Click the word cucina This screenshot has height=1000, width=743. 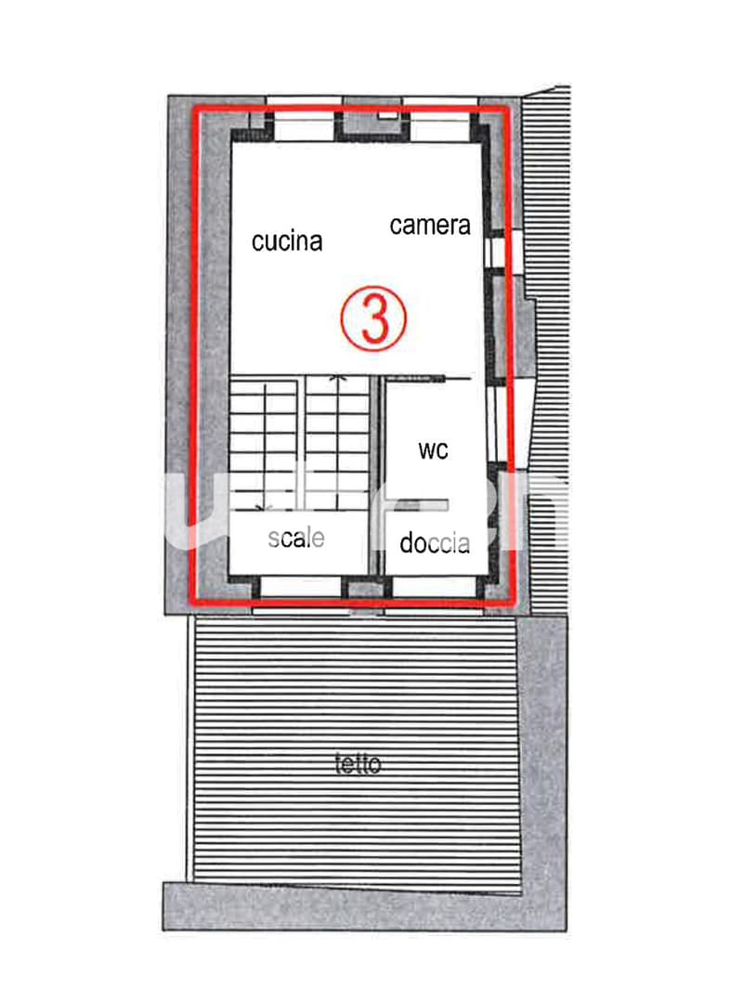[287, 241]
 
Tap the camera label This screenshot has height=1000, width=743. [430, 225]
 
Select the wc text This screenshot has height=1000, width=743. [433, 449]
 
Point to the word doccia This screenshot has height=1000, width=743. [435, 543]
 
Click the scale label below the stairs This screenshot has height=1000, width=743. [296, 538]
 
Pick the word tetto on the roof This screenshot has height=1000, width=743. [358, 763]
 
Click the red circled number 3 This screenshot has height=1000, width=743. [373, 318]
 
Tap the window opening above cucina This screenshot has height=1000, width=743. [305, 125]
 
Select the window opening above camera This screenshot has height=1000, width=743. [440, 125]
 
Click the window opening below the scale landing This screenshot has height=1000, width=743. [301, 588]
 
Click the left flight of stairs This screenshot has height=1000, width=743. [264, 444]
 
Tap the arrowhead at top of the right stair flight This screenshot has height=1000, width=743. [338, 378]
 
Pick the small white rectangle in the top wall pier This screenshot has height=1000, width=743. [386, 116]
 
